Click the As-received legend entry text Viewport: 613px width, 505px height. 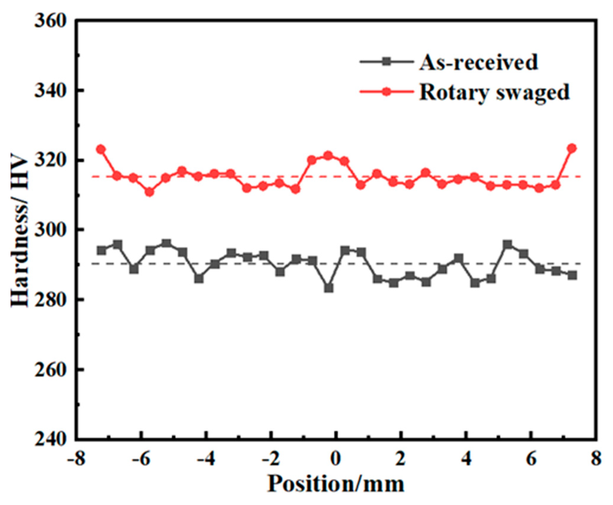478,62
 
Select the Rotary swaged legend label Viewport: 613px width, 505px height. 494,92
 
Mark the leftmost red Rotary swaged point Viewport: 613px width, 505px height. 101,149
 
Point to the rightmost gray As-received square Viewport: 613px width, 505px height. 572,275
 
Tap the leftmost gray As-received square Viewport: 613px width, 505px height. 101,250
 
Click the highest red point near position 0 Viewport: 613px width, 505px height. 328,155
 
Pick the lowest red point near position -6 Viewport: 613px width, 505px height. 150,192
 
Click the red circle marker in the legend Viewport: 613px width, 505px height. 386,92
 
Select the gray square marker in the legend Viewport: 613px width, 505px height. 386,62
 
